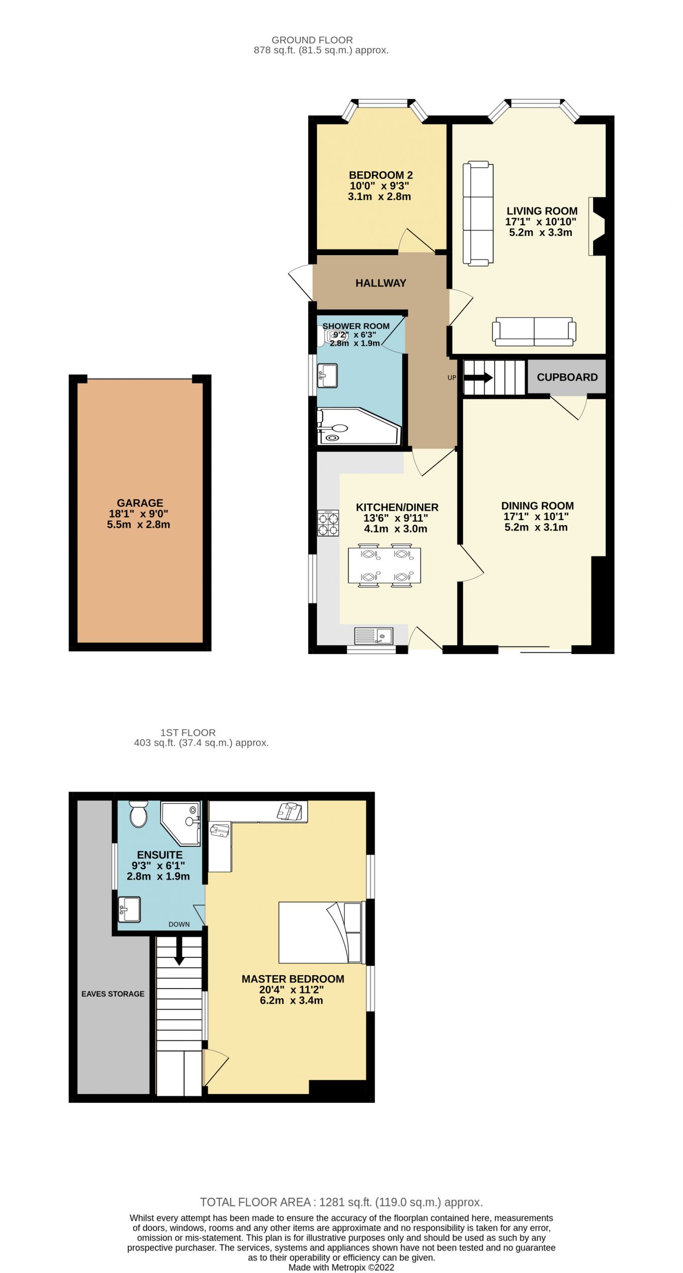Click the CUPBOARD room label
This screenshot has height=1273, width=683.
pyautogui.click(x=567, y=377)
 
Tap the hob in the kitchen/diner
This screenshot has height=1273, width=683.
pyautogui.click(x=328, y=523)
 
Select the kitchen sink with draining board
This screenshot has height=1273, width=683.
pyautogui.click(x=373, y=636)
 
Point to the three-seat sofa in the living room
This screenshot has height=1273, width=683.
pyautogui.click(x=478, y=212)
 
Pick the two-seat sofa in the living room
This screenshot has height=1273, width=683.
pyautogui.click(x=534, y=331)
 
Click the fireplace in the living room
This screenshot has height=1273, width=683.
pyautogui.click(x=597, y=226)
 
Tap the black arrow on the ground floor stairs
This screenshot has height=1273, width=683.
pyautogui.click(x=478, y=378)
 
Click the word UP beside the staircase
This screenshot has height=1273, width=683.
pyautogui.click(x=451, y=377)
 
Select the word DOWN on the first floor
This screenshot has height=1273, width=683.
pyautogui.click(x=179, y=924)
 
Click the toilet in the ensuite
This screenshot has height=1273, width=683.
pyautogui.click(x=138, y=814)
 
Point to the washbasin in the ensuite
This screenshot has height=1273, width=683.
pyautogui.click(x=129, y=909)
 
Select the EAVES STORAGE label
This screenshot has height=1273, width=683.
pyautogui.click(x=113, y=994)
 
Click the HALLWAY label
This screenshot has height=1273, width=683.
pyautogui.click(x=381, y=283)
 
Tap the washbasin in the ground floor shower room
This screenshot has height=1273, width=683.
pyautogui.click(x=327, y=375)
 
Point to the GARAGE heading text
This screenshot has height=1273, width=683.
pyautogui.click(x=140, y=503)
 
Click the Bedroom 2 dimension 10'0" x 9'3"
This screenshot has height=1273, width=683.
pyautogui.click(x=379, y=186)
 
